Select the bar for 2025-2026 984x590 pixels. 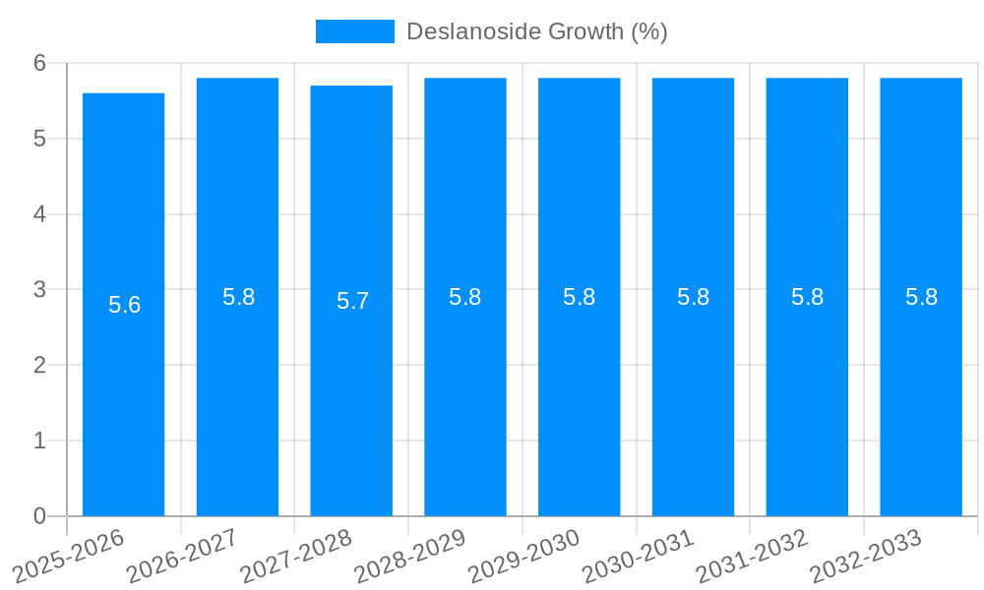click(123, 393)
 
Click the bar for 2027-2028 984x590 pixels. click(351, 393)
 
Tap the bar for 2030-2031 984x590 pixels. click(693, 393)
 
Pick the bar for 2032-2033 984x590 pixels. click(921, 393)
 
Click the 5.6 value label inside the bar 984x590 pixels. click(124, 305)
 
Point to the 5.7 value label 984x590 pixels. click(352, 301)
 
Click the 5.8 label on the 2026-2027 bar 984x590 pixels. click(238, 297)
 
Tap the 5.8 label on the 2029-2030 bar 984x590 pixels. click(579, 297)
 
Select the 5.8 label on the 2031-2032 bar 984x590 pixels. click(807, 297)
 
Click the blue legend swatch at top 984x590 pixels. click(354, 31)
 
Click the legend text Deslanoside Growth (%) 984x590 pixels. click(536, 31)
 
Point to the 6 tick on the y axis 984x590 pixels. click(39, 63)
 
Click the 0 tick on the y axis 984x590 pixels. click(39, 516)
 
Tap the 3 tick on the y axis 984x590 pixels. click(39, 289)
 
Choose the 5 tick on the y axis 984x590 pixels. click(39, 139)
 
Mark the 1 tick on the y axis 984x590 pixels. click(39, 441)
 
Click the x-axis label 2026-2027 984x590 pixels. click(182, 556)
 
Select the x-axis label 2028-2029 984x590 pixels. click(409, 556)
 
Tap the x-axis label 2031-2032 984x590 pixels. click(752, 556)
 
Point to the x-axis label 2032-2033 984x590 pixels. click(865, 556)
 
